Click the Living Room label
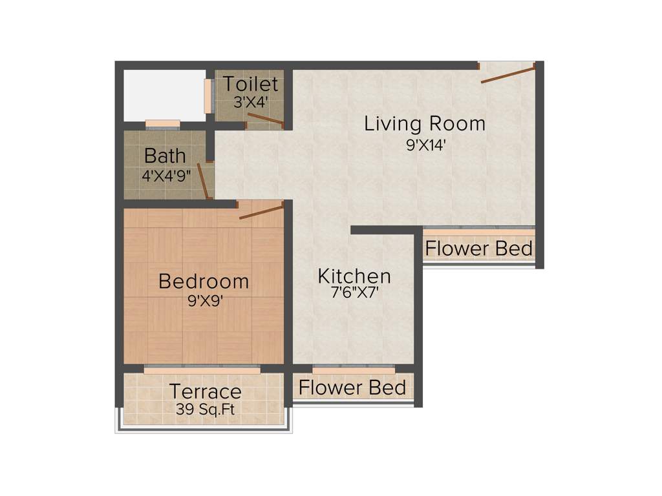425,123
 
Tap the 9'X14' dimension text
426,145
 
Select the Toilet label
251,84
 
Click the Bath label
165,156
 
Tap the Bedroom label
204,282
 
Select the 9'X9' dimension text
204,300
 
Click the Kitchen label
354,276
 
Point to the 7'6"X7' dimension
354,293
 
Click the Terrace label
206,391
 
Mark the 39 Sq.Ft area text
206,409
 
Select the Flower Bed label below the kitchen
352,387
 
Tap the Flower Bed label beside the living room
479,249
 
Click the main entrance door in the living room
507,73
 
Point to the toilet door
265,118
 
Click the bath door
202,181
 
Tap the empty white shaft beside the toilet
164,94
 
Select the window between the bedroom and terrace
202,370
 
